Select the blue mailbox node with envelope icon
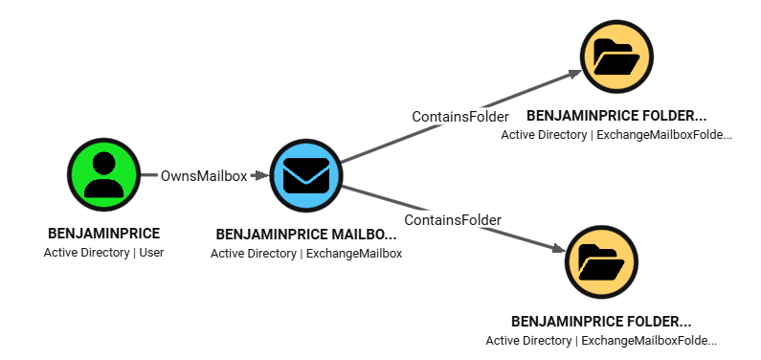click(x=305, y=175)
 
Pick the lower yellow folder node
click(x=602, y=260)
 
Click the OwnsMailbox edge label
click(x=203, y=176)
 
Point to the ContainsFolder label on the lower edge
click(x=453, y=220)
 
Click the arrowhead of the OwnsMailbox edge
click(x=258, y=176)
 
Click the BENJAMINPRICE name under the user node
click(x=103, y=234)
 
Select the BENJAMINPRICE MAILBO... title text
click(x=305, y=234)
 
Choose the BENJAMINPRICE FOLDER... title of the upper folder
click(x=616, y=115)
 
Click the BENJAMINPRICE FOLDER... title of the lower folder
click(x=601, y=321)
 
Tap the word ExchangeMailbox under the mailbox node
click(x=353, y=254)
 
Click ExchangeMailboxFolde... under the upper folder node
click(x=664, y=135)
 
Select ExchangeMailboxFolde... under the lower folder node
click(x=649, y=341)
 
